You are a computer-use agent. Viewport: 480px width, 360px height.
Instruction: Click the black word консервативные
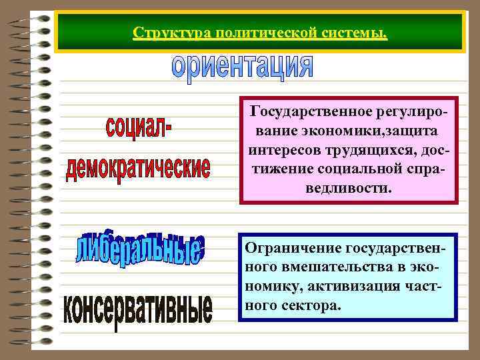(139, 311)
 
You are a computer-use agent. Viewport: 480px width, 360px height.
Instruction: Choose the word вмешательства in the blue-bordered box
(335, 268)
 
